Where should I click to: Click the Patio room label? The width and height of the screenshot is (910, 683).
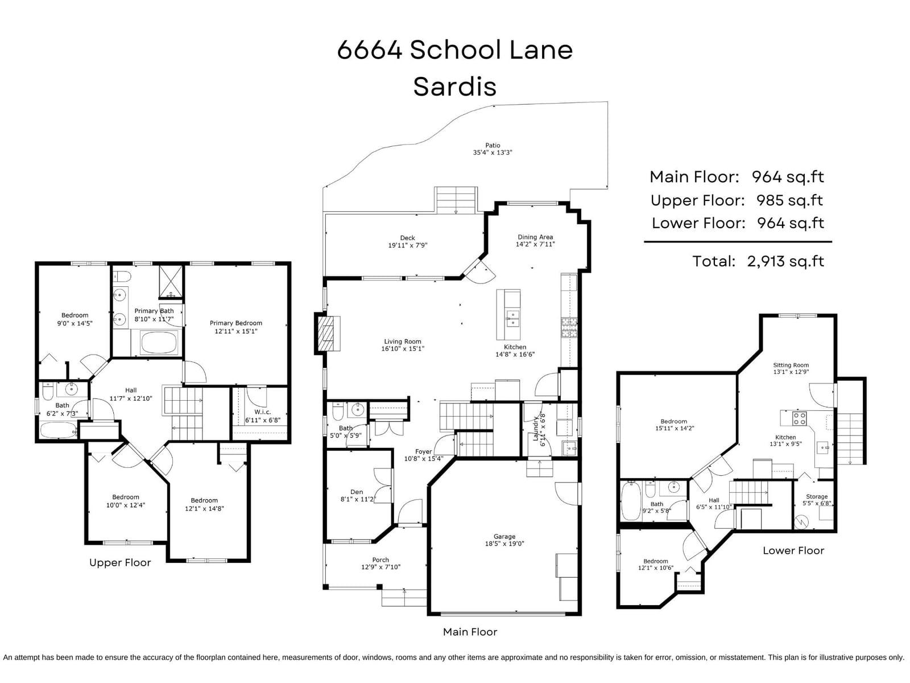click(x=493, y=145)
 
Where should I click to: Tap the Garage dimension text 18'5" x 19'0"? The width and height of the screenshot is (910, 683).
click(x=504, y=543)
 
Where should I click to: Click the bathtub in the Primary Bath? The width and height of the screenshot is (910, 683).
click(x=159, y=343)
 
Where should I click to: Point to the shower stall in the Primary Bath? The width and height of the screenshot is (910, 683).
click(x=171, y=282)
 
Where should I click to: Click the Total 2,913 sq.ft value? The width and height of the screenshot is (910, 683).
click(x=785, y=261)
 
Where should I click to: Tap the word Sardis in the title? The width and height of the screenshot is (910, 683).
click(x=455, y=87)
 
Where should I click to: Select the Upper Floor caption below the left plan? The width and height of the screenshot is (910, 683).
click(x=120, y=562)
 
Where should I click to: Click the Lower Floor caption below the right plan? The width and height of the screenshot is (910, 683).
click(x=793, y=550)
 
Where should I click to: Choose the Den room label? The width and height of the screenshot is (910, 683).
click(x=357, y=492)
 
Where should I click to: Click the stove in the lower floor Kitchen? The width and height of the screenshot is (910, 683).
click(x=800, y=418)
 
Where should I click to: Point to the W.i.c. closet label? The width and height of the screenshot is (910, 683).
click(x=262, y=412)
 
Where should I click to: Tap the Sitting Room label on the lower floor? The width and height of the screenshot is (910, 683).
click(x=791, y=365)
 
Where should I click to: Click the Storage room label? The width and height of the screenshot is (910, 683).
click(x=817, y=496)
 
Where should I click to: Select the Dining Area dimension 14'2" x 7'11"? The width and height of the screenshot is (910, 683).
click(x=535, y=244)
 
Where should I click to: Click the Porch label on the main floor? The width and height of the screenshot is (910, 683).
click(x=380, y=560)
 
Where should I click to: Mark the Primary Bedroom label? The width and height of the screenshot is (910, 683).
click(x=236, y=323)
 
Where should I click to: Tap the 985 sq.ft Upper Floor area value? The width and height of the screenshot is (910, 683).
click(x=789, y=201)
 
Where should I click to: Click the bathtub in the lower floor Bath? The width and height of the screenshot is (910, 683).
click(x=631, y=500)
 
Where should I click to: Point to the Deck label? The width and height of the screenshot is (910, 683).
click(x=408, y=238)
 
